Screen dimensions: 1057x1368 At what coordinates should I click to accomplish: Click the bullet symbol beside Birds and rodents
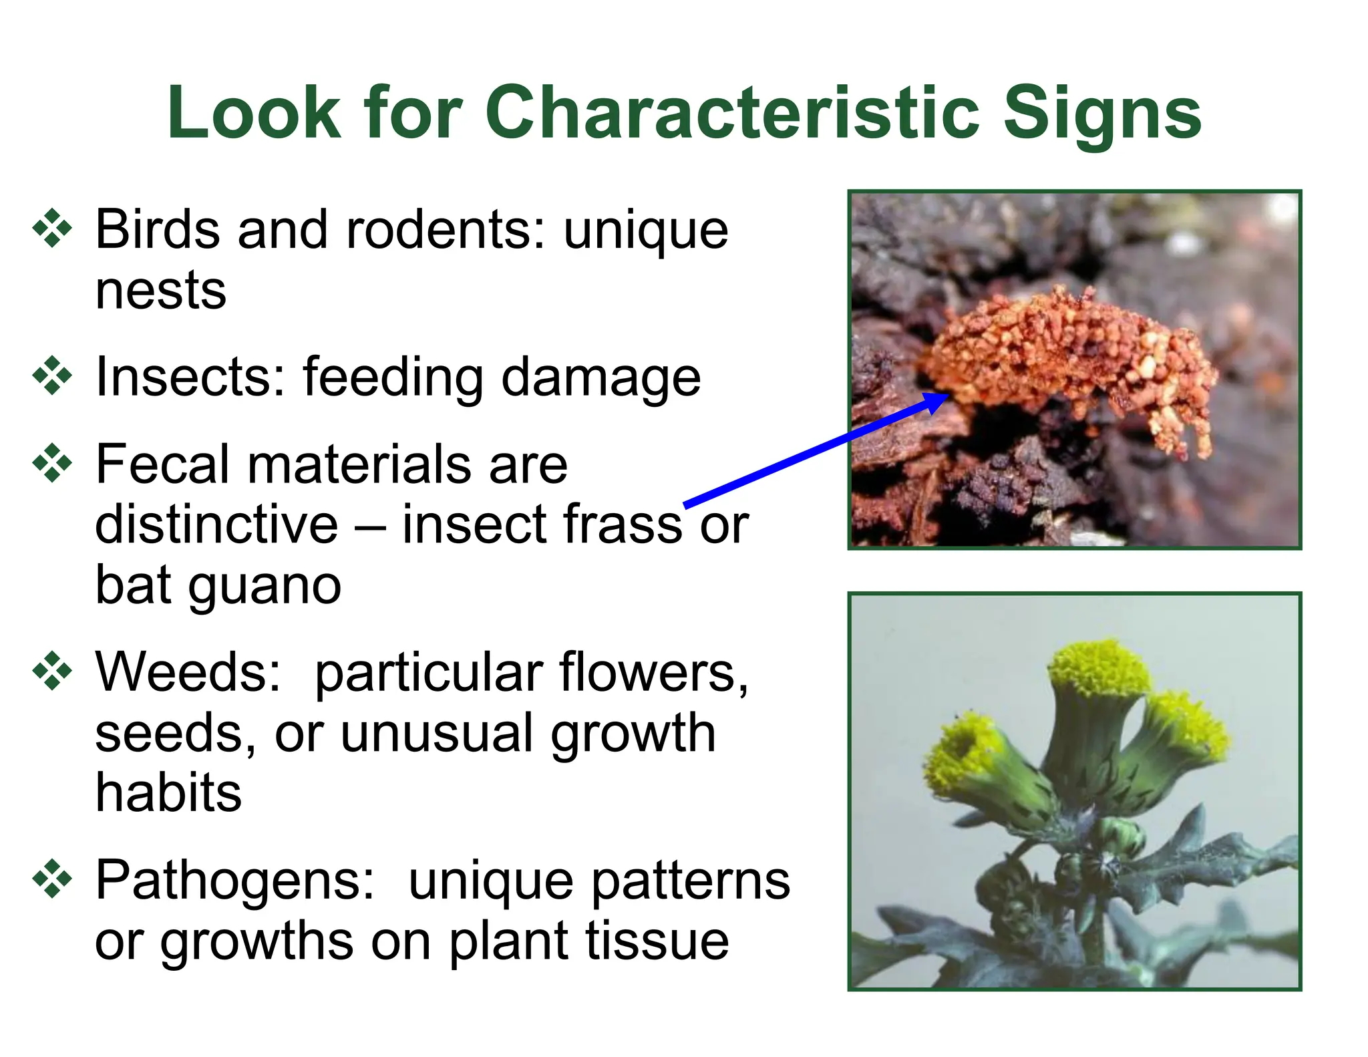click(x=52, y=229)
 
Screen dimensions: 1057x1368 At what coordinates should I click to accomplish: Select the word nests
click(x=161, y=291)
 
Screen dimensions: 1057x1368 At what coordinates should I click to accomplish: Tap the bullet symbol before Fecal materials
click(x=52, y=463)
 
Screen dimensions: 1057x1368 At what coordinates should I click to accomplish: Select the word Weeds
click(x=188, y=671)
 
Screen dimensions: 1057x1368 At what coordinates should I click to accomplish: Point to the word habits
click(x=168, y=793)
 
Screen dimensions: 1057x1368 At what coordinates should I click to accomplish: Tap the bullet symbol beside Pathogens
click(x=52, y=879)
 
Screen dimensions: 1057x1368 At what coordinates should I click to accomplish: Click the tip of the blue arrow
click(x=947, y=396)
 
